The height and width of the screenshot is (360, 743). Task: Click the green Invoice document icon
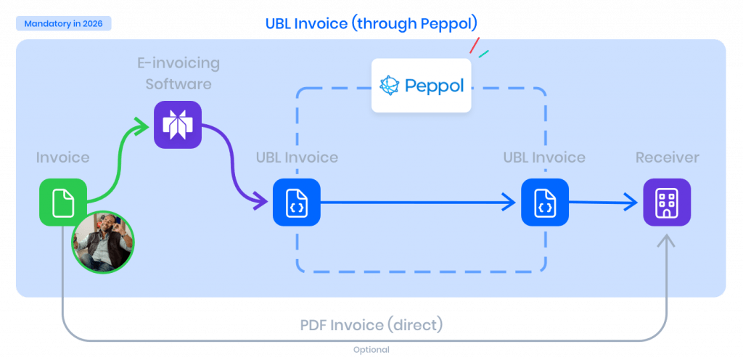click(x=63, y=202)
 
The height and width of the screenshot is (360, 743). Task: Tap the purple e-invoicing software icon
click(x=178, y=125)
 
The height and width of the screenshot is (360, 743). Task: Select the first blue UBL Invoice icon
click(x=297, y=202)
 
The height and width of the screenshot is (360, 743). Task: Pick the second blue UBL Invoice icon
click(x=545, y=202)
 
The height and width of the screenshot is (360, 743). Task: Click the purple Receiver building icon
click(x=667, y=202)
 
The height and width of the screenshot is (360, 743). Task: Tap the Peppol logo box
click(x=421, y=85)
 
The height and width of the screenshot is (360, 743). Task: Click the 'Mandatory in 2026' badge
click(x=63, y=24)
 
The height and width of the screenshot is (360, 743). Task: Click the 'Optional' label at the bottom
click(x=371, y=350)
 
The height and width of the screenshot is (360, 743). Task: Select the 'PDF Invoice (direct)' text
click(x=371, y=324)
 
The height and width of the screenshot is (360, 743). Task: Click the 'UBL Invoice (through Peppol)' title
click(x=371, y=24)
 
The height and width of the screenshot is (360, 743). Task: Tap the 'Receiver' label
click(x=667, y=157)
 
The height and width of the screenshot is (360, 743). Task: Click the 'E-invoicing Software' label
click(x=178, y=73)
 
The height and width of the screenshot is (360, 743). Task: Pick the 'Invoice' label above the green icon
click(x=63, y=157)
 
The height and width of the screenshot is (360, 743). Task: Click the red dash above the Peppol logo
click(x=474, y=46)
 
